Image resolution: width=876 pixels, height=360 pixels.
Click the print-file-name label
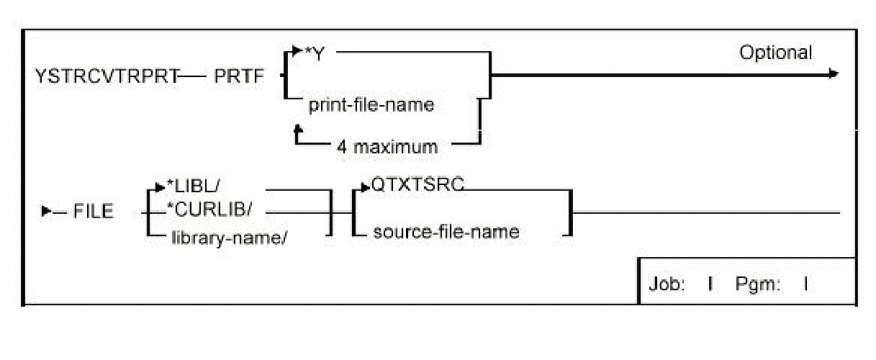371,105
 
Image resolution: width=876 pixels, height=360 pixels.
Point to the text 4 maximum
387,147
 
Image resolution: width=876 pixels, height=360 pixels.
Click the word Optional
775,53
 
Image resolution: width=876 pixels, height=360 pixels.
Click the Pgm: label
757,284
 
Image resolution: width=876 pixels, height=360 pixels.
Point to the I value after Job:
710,284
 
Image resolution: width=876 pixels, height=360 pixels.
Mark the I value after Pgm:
805,284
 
